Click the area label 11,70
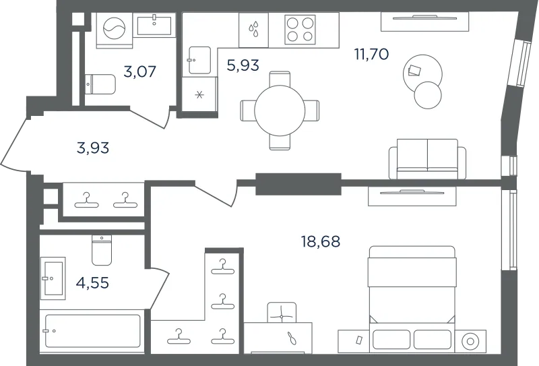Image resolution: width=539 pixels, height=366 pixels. (x=372, y=54)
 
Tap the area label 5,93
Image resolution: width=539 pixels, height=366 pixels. (x=243, y=65)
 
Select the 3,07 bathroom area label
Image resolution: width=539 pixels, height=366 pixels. (x=140, y=71)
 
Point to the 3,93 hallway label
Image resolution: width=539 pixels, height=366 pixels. (x=93, y=148)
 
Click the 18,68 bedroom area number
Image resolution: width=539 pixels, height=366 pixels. (x=321, y=241)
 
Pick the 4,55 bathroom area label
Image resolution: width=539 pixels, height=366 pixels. (x=92, y=282)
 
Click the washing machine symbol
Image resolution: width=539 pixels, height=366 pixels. (x=115, y=30)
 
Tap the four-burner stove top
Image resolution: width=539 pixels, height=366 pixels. (x=300, y=30)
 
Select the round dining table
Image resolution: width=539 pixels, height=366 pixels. (x=280, y=111)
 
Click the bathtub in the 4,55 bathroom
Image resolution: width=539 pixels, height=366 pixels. (x=92, y=331)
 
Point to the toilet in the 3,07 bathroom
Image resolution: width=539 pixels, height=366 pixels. (x=100, y=84)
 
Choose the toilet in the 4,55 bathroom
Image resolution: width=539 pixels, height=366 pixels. (x=102, y=250)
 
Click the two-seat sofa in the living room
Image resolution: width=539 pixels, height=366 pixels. (x=427, y=159)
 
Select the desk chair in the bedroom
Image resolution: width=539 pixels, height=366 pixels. (x=282, y=312)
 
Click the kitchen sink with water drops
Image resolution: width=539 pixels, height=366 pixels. (x=254, y=30)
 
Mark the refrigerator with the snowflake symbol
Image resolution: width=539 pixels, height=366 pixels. (x=199, y=94)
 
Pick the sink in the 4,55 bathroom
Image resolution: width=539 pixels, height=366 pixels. (x=53, y=278)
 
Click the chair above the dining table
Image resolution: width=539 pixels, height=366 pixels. (x=280, y=79)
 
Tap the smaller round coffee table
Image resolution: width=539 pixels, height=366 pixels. (x=428, y=95)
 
